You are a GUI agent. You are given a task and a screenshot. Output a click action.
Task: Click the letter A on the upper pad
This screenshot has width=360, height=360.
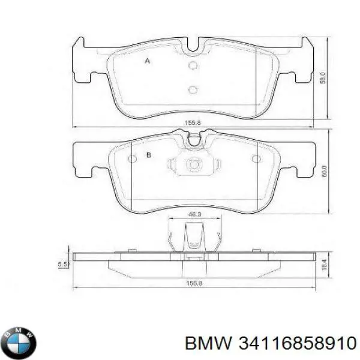[148, 60]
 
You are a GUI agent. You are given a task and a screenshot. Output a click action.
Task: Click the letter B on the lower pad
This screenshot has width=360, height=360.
[148, 157]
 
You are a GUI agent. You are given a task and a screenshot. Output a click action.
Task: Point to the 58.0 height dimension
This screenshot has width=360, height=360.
[323, 79]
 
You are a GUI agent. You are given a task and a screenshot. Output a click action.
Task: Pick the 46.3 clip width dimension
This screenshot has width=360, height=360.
[194, 213]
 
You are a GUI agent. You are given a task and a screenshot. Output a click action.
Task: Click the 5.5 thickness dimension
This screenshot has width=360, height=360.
[61, 263]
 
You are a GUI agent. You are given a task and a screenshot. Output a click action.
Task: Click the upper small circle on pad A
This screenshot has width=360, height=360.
[193, 66]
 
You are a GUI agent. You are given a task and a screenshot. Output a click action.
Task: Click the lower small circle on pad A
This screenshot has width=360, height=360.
[193, 90]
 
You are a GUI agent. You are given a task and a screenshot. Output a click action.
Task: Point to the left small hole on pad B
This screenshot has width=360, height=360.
[133, 159]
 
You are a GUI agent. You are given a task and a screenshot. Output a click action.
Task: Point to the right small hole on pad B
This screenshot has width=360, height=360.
[256, 159]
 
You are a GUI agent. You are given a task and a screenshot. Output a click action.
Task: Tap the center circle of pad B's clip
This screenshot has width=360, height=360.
[193, 163]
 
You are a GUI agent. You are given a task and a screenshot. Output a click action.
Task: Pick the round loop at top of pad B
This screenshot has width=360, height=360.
[193, 142]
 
